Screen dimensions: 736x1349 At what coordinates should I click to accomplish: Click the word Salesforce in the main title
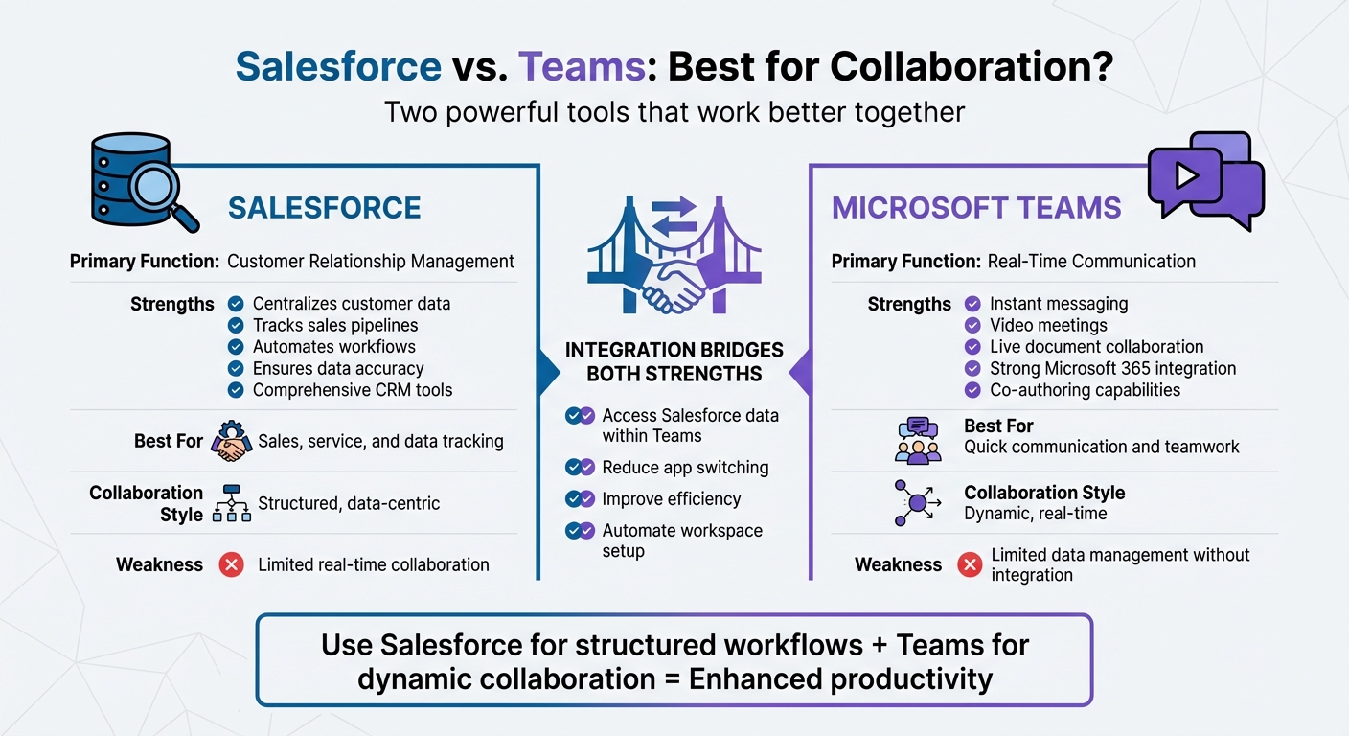(338, 67)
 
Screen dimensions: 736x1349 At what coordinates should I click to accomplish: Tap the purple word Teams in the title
(582, 67)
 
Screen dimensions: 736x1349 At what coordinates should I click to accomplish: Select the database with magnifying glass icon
(140, 181)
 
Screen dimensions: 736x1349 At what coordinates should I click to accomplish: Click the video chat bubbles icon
(1204, 179)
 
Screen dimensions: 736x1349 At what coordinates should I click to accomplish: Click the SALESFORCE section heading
(324, 208)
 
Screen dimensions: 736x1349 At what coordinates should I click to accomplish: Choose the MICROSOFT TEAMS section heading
(976, 208)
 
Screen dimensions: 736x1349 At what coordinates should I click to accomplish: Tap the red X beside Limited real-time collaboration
(231, 564)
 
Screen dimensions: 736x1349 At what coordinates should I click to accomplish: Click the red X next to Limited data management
(970, 564)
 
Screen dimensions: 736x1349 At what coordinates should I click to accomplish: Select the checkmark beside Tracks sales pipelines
(236, 325)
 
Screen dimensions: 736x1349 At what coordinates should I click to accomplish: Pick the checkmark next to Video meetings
(972, 325)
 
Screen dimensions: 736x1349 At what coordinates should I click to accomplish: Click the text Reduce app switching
(685, 468)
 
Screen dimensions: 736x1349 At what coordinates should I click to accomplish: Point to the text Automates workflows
(333, 347)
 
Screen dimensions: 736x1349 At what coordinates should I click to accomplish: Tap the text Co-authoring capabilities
(1085, 390)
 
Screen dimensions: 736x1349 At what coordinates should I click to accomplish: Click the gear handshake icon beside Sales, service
(230, 441)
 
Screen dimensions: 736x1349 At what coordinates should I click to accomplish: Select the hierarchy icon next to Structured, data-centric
(230, 503)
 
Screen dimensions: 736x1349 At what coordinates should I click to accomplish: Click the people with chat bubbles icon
(917, 440)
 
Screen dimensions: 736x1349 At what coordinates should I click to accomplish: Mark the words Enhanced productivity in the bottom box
(840, 678)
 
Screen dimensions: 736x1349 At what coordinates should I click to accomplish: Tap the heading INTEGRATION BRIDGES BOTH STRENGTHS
(674, 361)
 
